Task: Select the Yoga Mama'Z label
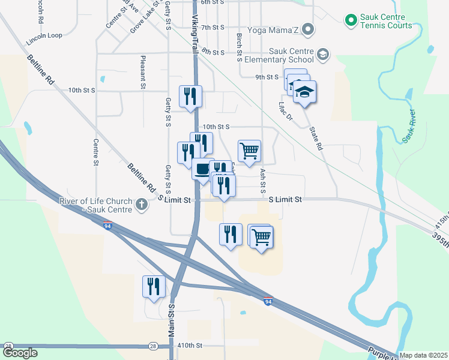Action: click(270, 28)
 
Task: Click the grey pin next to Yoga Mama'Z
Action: click(308, 28)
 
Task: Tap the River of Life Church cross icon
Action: click(141, 205)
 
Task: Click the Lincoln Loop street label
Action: click(44, 35)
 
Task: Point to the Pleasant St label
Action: click(143, 73)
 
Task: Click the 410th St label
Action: click(191, 346)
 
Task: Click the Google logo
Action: click(20, 353)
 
